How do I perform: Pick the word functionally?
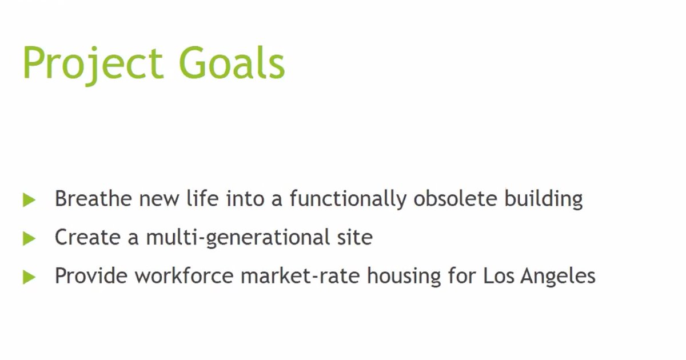(x=348, y=199)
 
